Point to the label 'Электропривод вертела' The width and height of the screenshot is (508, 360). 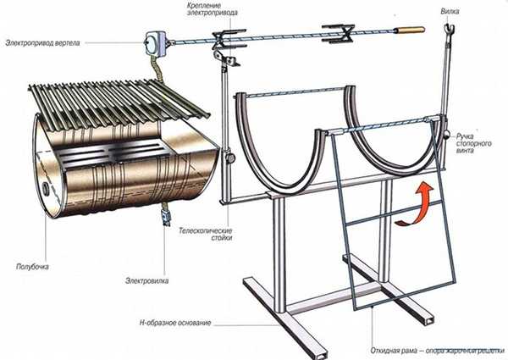[43, 42]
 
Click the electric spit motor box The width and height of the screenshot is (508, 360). [157, 41]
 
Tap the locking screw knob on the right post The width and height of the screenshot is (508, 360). [445, 135]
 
